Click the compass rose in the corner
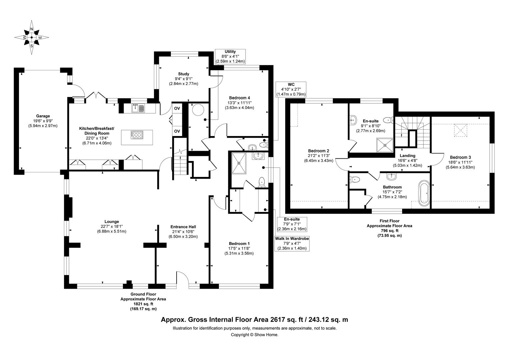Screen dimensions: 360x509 point(32,37)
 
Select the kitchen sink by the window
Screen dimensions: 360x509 point(138,108)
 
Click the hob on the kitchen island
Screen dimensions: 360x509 point(137,135)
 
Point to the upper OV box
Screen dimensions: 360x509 point(177,108)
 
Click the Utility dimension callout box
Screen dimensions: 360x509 point(230,56)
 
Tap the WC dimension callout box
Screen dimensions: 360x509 point(291,89)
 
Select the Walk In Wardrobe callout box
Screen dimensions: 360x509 point(292,243)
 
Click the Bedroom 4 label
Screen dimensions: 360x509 point(239,103)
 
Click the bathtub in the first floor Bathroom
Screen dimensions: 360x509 point(424,192)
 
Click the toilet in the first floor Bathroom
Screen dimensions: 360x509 point(355,180)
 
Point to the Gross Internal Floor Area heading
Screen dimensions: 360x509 point(254,320)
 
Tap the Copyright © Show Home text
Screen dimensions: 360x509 point(254,335)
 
